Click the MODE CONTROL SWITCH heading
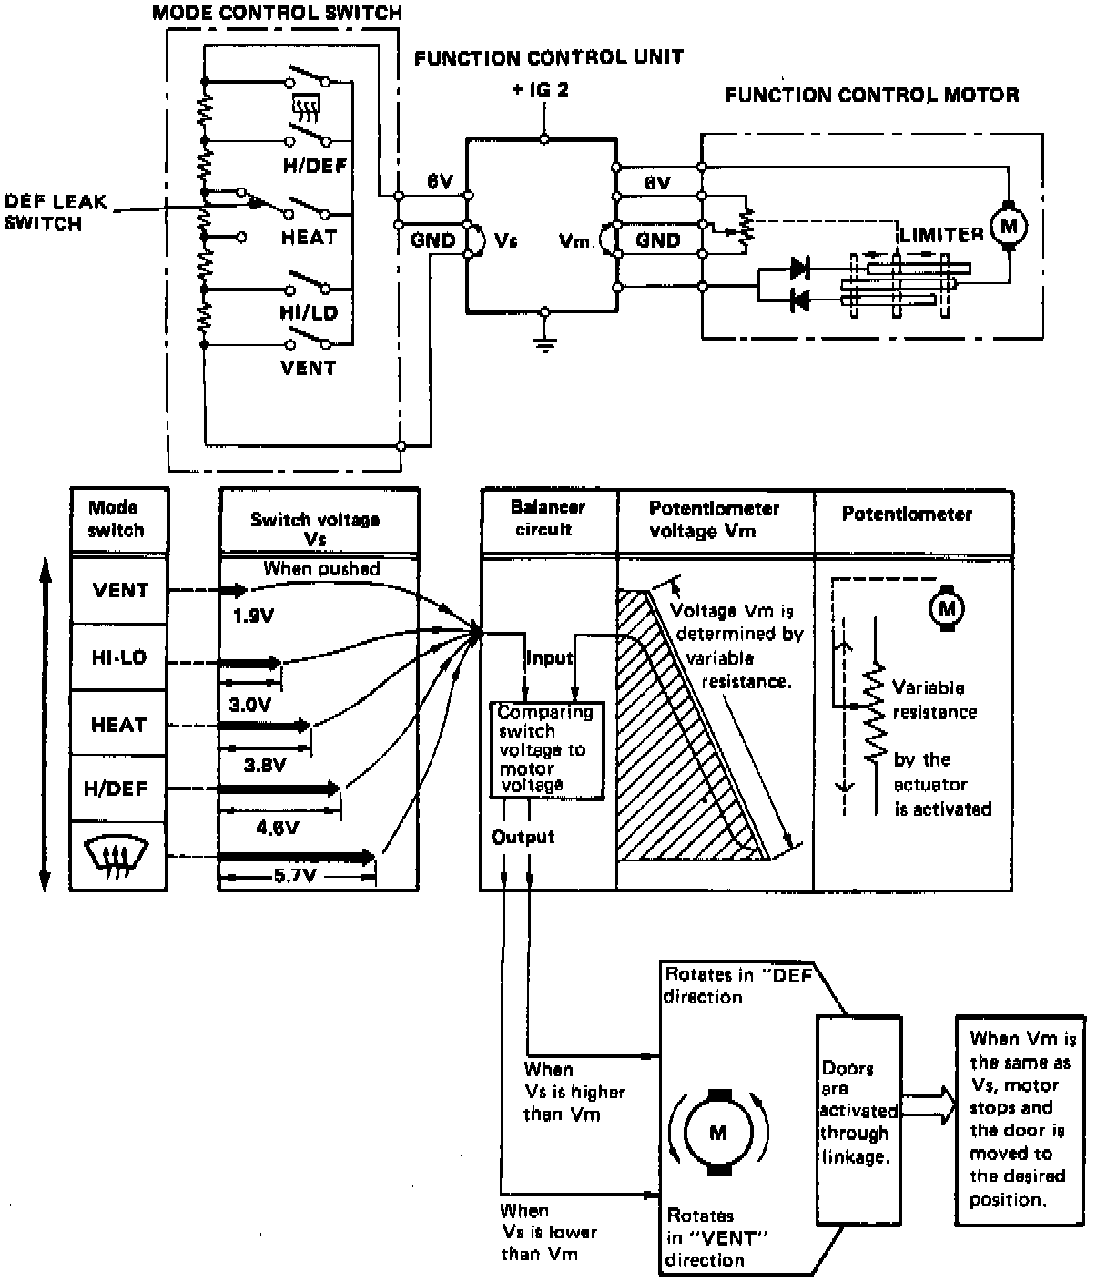(x=277, y=13)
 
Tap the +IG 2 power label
(x=541, y=90)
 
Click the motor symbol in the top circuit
(x=1008, y=225)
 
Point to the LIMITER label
(x=941, y=235)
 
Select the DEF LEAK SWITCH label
(x=56, y=212)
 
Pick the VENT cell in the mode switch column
(x=119, y=590)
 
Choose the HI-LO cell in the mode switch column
(x=119, y=657)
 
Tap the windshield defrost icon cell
(x=119, y=857)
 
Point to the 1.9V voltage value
(x=253, y=616)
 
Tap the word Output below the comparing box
(x=523, y=837)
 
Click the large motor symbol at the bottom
(x=718, y=1133)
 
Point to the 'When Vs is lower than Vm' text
(x=548, y=1232)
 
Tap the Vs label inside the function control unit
(x=506, y=241)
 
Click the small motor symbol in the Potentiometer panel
(x=947, y=607)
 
